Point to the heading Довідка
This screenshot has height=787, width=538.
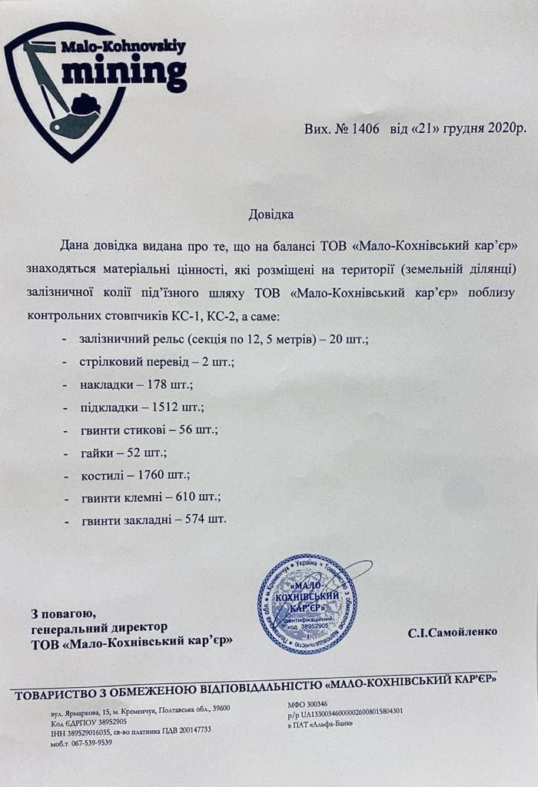271,213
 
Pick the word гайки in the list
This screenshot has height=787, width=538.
96,452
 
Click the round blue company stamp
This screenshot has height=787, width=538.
307,603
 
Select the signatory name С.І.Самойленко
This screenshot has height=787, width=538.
453,632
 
